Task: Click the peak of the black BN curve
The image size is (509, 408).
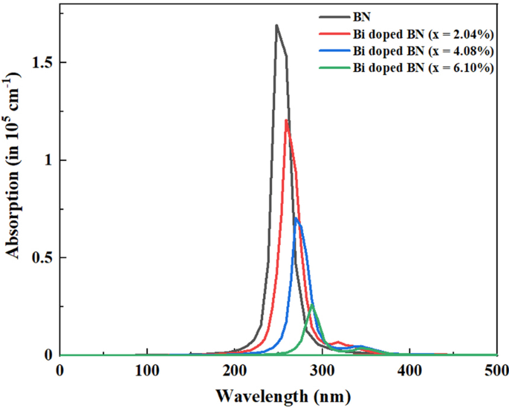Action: tap(276, 26)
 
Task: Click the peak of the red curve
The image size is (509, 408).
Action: tap(286, 120)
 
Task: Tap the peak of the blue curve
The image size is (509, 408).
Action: tap(296, 217)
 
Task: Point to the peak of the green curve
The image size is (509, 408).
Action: tap(313, 304)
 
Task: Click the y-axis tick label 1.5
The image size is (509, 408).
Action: tap(44, 63)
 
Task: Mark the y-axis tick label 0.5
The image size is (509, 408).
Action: tap(44, 258)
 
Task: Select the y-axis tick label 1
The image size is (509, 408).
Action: tap(49, 160)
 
